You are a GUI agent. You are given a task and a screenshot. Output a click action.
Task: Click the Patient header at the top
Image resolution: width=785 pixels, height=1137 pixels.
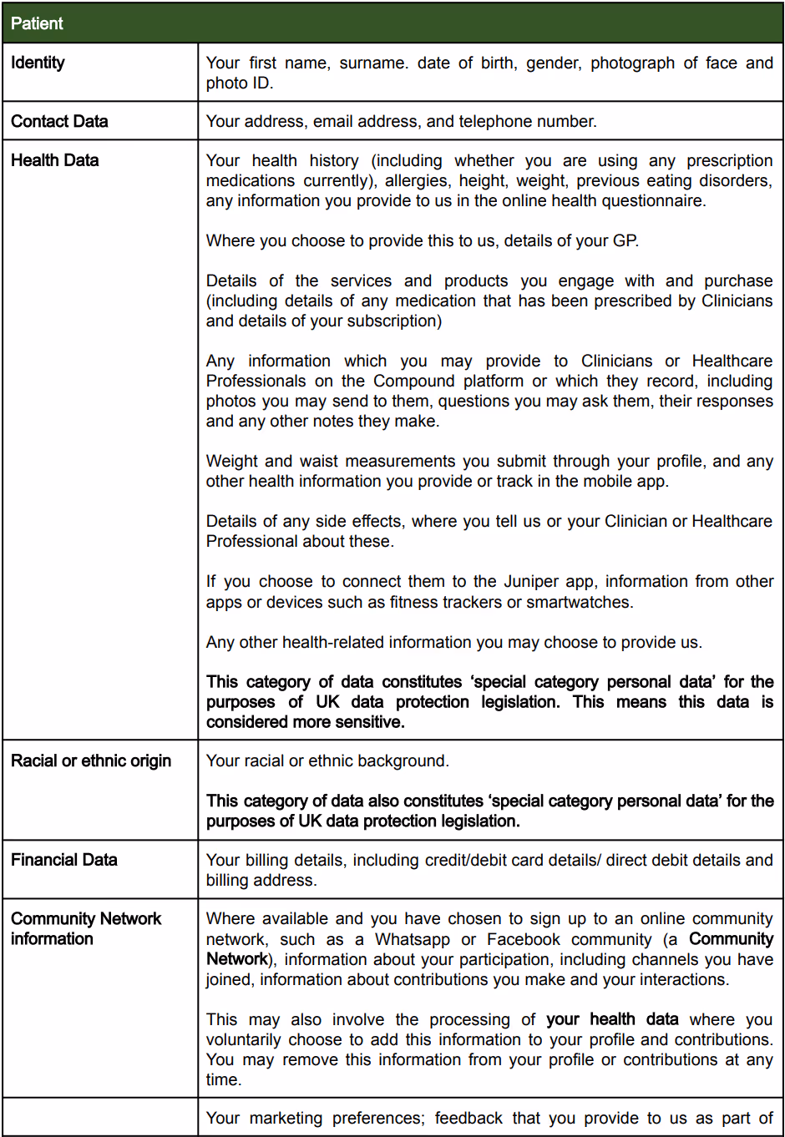point(37,23)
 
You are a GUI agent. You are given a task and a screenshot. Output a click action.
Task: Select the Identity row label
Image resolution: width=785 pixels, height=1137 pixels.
point(38,63)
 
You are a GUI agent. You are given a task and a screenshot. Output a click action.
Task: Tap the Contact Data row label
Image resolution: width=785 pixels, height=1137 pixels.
point(59,121)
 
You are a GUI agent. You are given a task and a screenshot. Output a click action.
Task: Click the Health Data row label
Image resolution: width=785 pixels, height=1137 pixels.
point(54,160)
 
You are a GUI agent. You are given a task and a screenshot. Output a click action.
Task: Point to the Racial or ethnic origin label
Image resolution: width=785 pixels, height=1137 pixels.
point(91,761)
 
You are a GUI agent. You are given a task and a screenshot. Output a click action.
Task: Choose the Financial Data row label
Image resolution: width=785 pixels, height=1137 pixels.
point(63,860)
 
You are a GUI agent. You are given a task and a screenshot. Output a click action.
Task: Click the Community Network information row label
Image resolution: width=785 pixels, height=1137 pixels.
point(85,928)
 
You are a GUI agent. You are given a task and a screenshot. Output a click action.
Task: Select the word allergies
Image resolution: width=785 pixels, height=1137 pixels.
point(411,181)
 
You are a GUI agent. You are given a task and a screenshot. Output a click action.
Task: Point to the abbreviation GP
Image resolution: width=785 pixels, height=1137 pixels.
point(625,241)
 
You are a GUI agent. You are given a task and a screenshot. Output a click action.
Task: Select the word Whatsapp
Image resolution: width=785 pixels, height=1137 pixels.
point(413,940)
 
